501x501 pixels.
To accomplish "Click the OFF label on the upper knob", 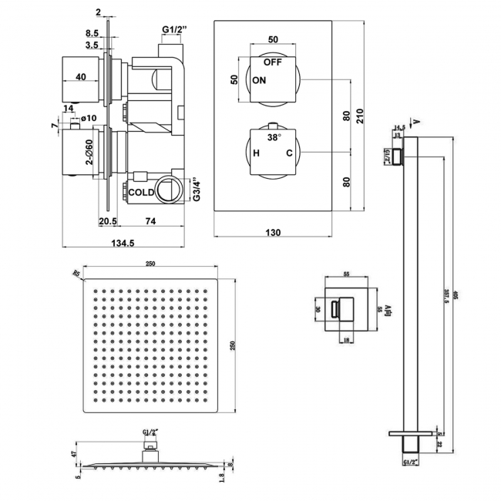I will pos(273,62).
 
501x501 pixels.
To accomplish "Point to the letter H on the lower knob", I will pos(256,154).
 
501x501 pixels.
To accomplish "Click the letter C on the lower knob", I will pos(289,154).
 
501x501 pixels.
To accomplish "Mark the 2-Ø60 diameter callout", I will pos(89,152).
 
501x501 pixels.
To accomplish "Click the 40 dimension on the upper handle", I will pos(80,76).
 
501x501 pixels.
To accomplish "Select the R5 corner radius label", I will pos(76,271).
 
